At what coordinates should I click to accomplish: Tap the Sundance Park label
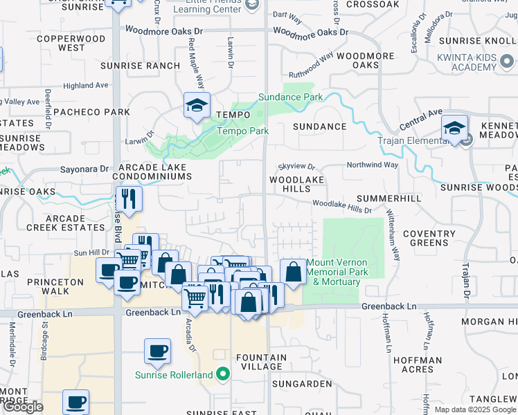tap(291, 97)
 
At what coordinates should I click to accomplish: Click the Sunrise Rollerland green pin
tap(222, 376)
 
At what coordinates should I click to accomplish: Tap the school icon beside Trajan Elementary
tap(454, 128)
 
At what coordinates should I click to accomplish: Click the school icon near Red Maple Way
tap(197, 106)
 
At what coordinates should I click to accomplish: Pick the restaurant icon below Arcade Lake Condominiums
tap(129, 199)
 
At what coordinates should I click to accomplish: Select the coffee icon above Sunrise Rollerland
tap(157, 351)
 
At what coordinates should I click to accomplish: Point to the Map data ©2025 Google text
tap(474, 409)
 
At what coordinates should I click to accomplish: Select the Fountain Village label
tap(260, 362)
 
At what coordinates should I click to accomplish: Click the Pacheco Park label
tap(91, 112)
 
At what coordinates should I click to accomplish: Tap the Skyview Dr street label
tap(296, 167)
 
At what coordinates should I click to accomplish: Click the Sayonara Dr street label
tap(84, 168)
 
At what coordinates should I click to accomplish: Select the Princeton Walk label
tap(55, 287)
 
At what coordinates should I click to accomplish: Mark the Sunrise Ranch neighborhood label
tap(140, 66)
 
